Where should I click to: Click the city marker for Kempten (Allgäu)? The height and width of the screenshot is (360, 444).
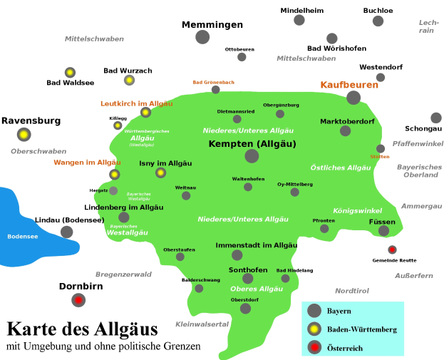coord(252,156)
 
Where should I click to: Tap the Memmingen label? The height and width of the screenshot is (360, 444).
coord(212,25)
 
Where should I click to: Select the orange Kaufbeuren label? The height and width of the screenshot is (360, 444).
coord(349,85)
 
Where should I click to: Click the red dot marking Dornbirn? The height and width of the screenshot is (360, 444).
coord(78,300)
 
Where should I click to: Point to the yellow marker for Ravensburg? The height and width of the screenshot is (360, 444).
coord(24,134)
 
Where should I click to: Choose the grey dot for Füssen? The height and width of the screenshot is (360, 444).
coord(383,230)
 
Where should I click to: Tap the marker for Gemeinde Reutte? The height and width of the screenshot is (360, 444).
coord(392,250)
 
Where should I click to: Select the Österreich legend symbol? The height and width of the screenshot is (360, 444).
coord(314,348)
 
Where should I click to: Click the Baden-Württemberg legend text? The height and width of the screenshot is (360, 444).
coord(361,329)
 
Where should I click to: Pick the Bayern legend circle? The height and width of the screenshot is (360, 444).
coord(314,311)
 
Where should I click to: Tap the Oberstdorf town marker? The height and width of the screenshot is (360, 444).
coord(245,309)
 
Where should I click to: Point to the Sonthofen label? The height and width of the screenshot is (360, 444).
coord(248,269)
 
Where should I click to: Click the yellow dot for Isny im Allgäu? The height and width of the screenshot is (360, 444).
coord(160,173)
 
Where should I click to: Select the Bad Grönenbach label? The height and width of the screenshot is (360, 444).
coord(213,82)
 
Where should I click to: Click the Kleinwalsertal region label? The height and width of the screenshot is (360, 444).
coord(202,324)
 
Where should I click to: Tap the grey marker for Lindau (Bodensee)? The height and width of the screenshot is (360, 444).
coord(66,232)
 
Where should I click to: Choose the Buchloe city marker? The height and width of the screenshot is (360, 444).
coord(378,21)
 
